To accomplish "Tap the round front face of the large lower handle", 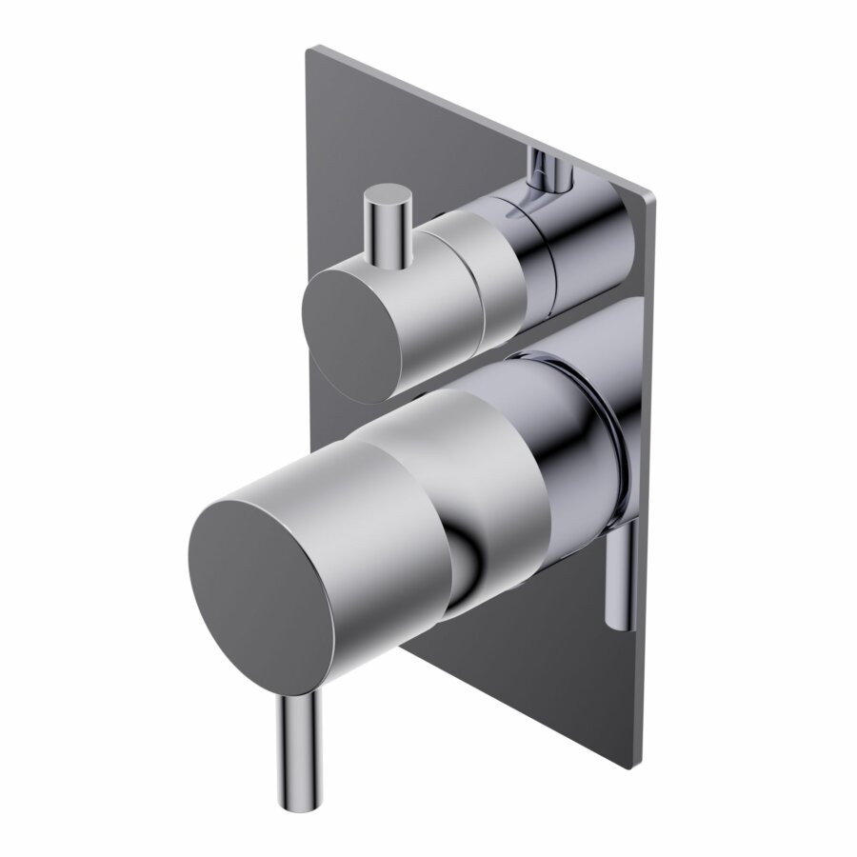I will (263, 586).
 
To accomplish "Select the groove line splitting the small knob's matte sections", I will (486, 276).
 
